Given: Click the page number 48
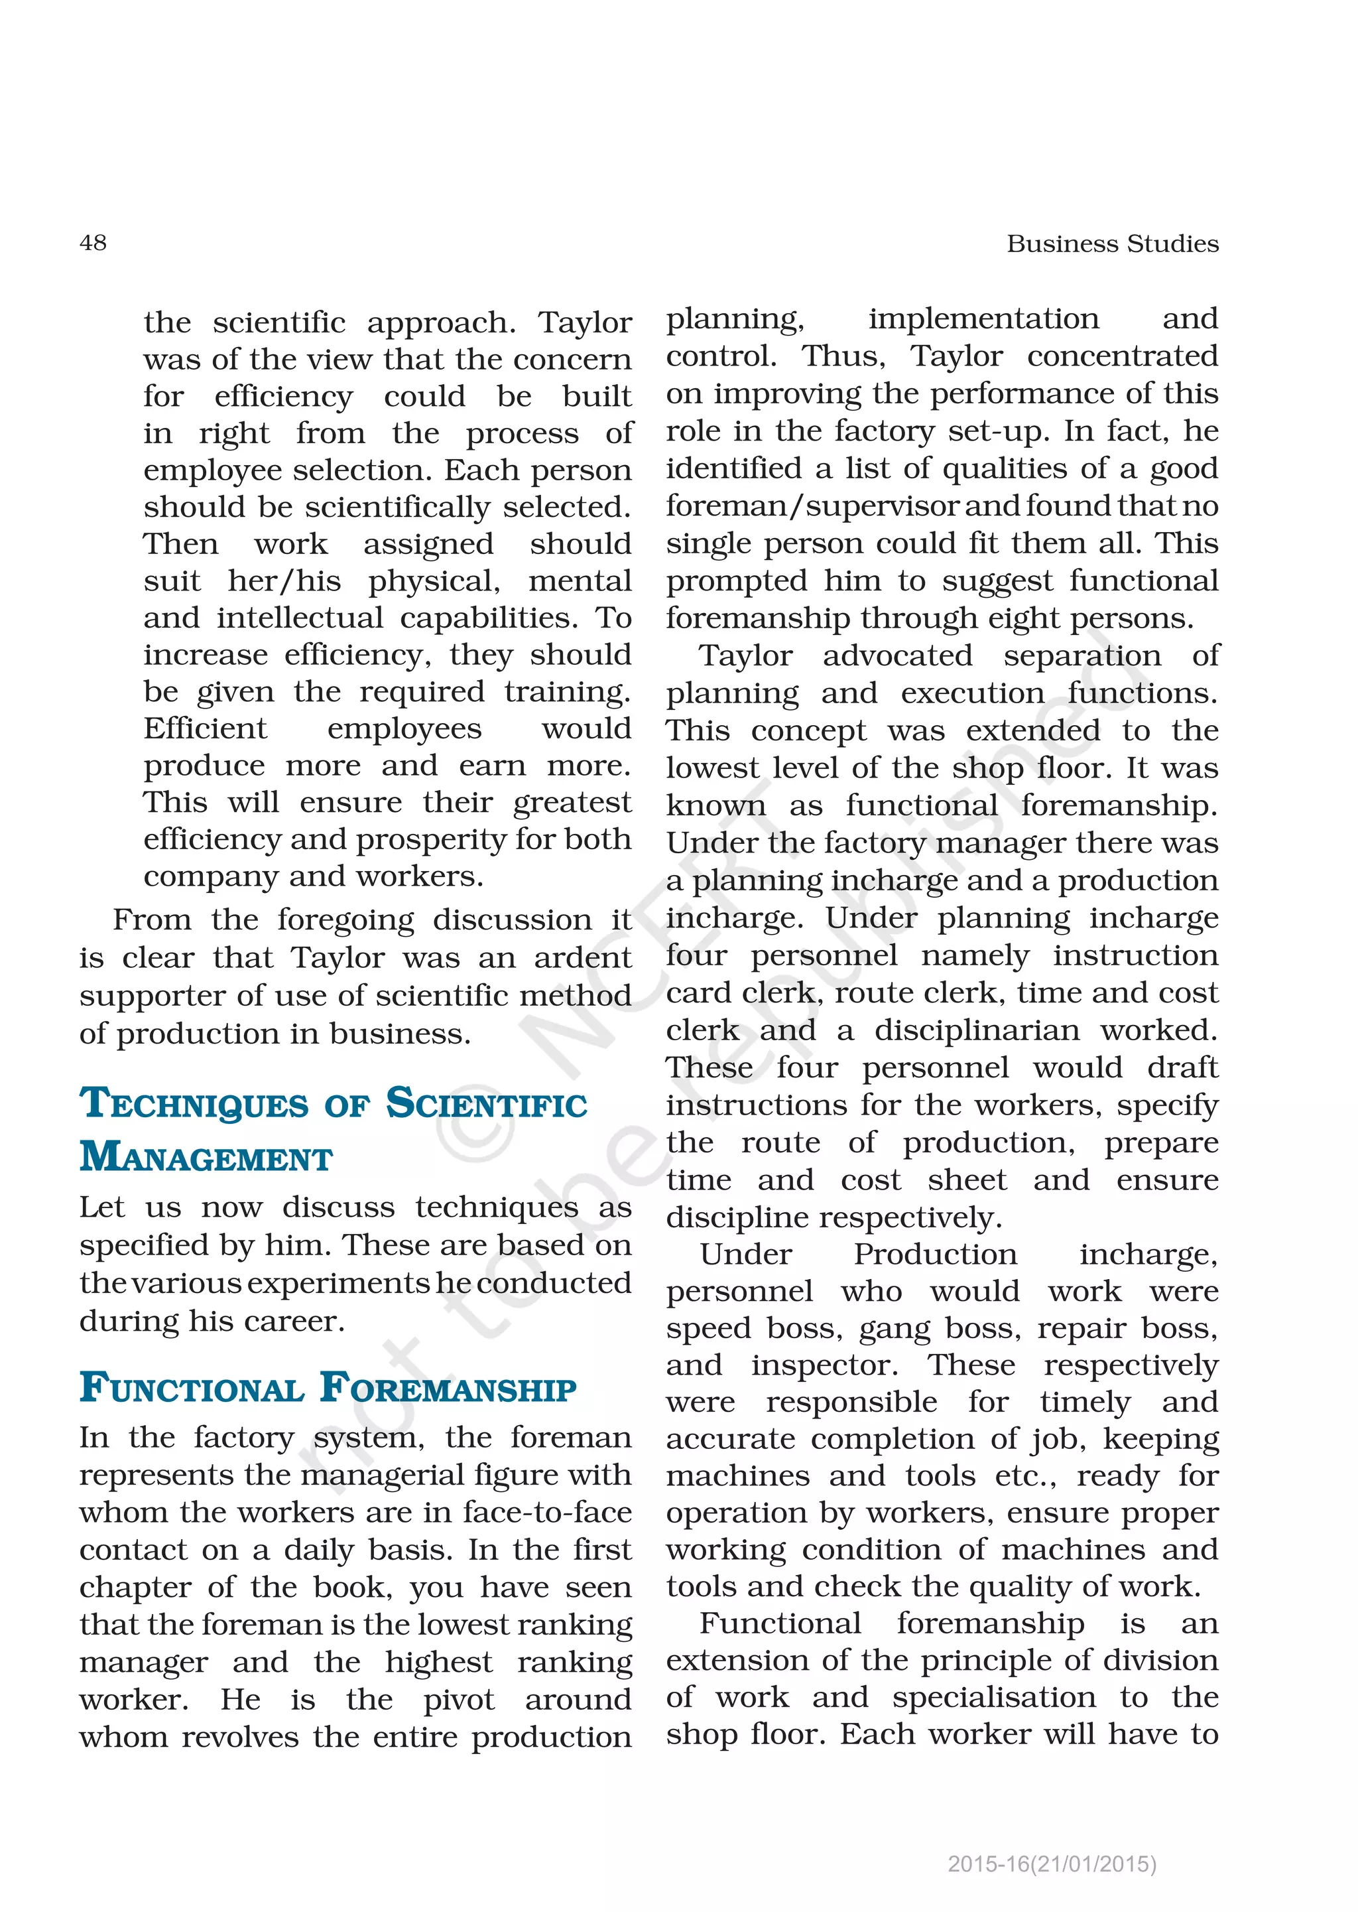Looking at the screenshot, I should pos(93,243).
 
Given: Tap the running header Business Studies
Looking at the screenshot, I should pos(1112,244).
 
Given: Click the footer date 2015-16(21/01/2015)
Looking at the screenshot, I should pos(1052,1864).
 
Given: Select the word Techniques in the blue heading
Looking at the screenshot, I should pos(194,1104).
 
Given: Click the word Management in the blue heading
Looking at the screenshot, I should pos(206,1158).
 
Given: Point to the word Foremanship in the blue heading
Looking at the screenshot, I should pos(448,1389).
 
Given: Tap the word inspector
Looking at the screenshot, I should pos(824,1366).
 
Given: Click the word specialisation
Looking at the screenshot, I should pos(993,1698).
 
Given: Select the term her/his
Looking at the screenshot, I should pos(284,580).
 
